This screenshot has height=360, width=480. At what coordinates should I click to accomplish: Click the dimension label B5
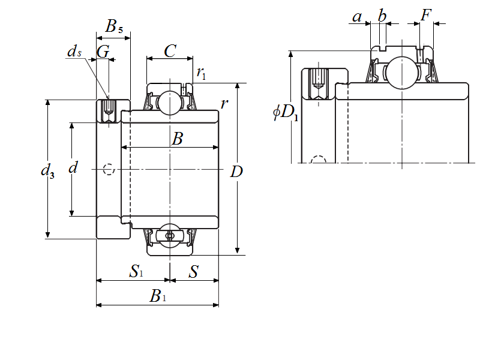[114, 26]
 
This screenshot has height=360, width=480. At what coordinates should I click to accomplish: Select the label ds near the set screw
[74, 52]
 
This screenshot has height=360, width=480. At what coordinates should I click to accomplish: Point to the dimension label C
[170, 50]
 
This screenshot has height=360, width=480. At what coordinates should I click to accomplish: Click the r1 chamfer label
[202, 73]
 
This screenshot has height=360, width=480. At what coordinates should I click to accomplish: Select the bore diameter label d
[73, 168]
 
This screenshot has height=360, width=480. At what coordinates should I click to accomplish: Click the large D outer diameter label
[236, 172]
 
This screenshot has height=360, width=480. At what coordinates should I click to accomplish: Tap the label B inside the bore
[177, 139]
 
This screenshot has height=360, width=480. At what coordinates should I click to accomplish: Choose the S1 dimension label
[136, 272]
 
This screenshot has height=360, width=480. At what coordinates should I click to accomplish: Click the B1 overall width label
[158, 296]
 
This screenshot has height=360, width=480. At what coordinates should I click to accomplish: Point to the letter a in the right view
[358, 16]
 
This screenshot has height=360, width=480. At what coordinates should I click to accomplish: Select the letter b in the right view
[382, 16]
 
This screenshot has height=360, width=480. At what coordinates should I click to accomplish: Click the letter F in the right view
[426, 15]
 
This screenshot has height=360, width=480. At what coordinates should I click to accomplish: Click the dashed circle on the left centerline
[109, 169]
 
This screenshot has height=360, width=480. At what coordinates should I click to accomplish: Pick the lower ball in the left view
[170, 236]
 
